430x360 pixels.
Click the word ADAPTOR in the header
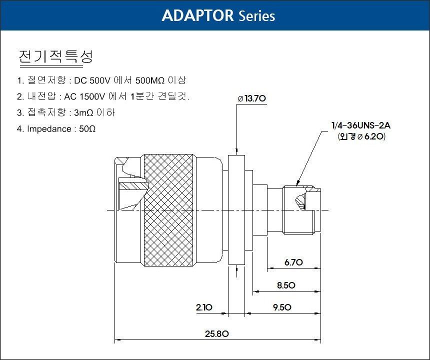197,15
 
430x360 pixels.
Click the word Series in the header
256,16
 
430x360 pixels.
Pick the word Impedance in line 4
49,129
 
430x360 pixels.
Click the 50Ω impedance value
87,129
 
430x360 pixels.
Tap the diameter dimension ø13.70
251,98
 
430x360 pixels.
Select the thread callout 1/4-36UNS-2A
361,125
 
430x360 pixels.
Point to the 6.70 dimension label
293,262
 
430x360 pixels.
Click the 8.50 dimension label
286,285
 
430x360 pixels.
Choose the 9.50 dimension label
282,307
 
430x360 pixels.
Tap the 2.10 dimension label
204,307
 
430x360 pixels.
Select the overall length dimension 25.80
216,334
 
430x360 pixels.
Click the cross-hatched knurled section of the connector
168,210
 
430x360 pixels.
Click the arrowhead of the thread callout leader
297,183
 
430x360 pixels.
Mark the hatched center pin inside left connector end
134,185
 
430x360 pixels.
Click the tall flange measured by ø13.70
236,210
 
